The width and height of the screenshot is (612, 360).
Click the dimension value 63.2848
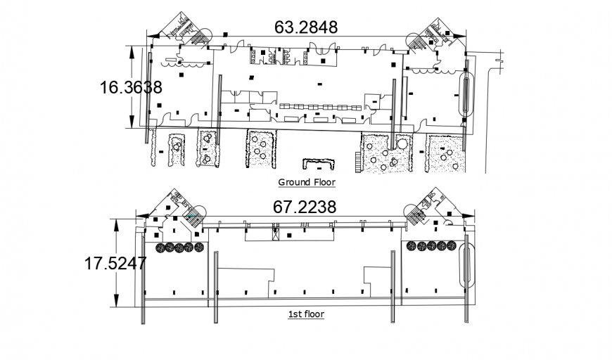click(x=305, y=27)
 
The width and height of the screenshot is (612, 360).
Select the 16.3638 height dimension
click(x=131, y=87)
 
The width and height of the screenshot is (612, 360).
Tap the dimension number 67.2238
click(x=305, y=206)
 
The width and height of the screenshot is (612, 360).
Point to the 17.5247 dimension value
click(x=115, y=264)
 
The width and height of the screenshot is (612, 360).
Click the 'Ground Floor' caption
click(x=307, y=182)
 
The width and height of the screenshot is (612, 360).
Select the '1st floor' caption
click(x=306, y=314)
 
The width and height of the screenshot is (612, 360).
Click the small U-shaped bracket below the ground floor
click(x=319, y=164)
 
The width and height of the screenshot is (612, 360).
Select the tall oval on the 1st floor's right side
click(x=464, y=263)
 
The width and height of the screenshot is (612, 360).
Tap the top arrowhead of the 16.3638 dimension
click(x=131, y=49)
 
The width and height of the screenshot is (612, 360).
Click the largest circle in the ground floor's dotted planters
click(x=402, y=144)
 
